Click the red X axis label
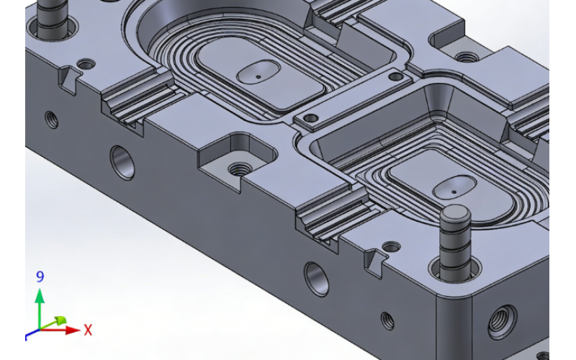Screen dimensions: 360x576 (x=88, y=330)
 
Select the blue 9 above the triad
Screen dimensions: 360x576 (x=40, y=276)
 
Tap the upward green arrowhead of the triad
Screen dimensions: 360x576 (x=40, y=295)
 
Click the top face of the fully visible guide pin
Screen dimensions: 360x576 (x=455, y=214)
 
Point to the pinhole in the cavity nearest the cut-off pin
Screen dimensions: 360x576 (x=258, y=73)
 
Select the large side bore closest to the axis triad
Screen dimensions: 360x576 (x=122, y=162)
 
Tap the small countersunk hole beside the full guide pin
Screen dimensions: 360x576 (x=391, y=247)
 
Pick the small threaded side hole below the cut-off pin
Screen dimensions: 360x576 (x=52, y=119)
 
